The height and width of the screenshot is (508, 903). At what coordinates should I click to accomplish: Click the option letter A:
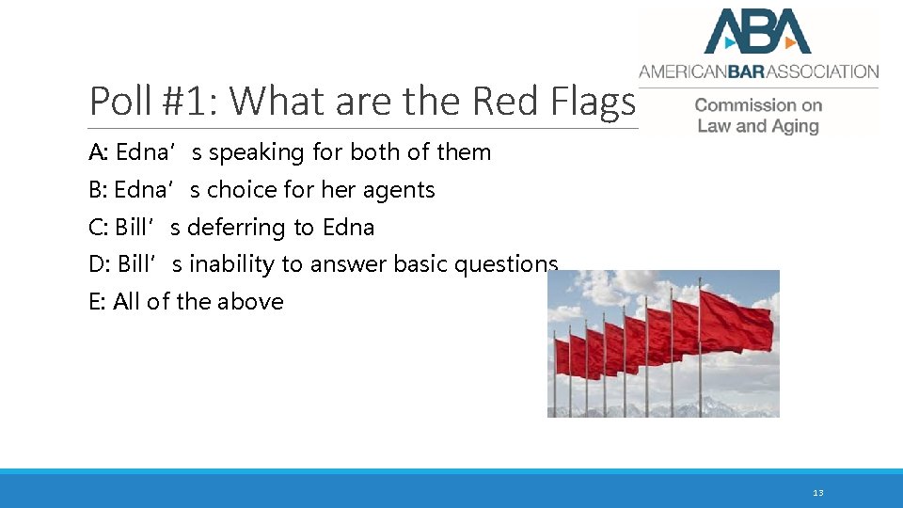(x=99, y=152)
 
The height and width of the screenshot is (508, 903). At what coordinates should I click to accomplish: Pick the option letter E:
(x=98, y=302)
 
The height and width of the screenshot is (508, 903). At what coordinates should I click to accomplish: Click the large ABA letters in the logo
(x=757, y=31)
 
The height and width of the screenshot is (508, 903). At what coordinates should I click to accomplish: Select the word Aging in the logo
(x=794, y=126)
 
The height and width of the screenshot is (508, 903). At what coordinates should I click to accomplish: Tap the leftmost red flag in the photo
(x=562, y=357)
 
